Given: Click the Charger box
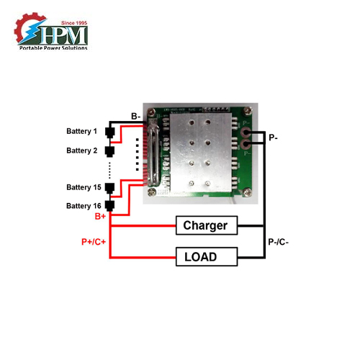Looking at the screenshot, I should (206, 225).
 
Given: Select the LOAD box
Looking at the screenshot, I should (206, 256).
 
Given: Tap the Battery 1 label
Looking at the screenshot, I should (81, 131).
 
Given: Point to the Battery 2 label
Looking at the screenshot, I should (81, 150).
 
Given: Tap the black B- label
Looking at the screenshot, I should (136, 116).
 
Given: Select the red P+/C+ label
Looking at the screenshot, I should (94, 243).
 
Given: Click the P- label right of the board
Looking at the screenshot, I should (274, 137).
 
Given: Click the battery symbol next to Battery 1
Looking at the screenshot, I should (109, 132).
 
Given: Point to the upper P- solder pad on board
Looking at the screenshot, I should (246, 133).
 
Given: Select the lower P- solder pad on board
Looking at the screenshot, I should (246, 146).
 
